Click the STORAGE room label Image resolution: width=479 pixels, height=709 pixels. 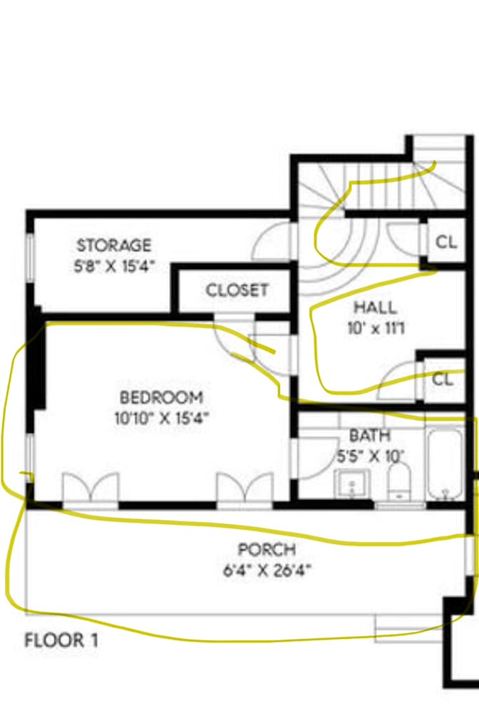pyautogui.click(x=114, y=245)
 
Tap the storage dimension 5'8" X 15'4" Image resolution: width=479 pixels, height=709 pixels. pyautogui.click(x=114, y=266)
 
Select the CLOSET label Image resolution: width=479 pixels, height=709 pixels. pyautogui.click(x=237, y=290)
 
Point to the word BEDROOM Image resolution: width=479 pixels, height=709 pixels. pyautogui.click(x=161, y=397)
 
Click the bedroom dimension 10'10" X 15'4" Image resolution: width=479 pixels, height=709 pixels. pyautogui.click(x=162, y=418)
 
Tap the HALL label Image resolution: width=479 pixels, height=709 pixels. pyautogui.click(x=376, y=307)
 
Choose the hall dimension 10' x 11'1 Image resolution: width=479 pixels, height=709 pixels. pyautogui.click(x=376, y=328)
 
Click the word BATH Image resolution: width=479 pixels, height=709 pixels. pyautogui.click(x=370, y=435)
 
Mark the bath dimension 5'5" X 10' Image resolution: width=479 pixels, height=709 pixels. pyautogui.click(x=371, y=456)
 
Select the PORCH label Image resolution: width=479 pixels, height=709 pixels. pyautogui.click(x=267, y=549)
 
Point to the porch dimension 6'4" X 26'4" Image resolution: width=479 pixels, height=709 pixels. pyautogui.click(x=267, y=570)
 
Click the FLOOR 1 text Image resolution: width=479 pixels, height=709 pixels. pyautogui.click(x=61, y=641)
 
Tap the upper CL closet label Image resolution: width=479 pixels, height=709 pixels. pyautogui.click(x=446, y=243)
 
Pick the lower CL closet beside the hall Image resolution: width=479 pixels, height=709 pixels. pyautogui.click(x=443, y=379)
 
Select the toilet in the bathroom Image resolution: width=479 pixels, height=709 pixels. pyautogui.click(x=399, y=481)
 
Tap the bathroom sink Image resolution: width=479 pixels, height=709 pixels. pyautogui.click(x=352, y=484)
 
